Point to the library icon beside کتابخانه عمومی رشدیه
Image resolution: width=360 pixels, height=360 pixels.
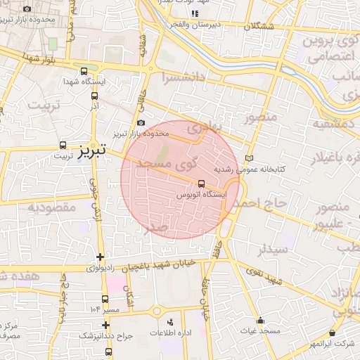[x=247, y=158]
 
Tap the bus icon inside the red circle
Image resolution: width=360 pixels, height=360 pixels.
[x=202, y=184]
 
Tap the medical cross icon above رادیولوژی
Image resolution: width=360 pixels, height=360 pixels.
[x=101, y=257]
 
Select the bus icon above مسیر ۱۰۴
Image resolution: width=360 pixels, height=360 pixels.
[x=105, y=299]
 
